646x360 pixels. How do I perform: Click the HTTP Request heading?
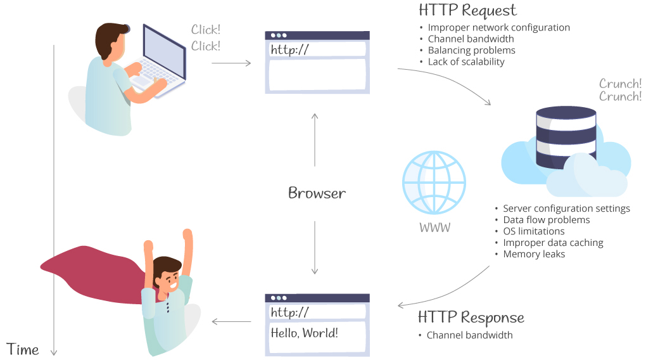[467, 10]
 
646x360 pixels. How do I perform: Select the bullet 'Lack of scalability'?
[466, 62]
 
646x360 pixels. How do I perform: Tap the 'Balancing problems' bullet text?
[471, 50]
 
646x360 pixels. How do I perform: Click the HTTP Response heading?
[471, 318]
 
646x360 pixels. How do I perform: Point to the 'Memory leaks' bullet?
[534, 254]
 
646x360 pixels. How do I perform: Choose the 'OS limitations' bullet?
[533, 231]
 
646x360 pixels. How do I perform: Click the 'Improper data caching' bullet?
[553, 243]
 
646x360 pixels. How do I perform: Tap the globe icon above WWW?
[434, 183]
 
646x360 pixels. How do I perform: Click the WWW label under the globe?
[434, 227]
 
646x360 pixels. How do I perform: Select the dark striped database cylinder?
[566, 138]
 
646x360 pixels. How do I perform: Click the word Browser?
[317, 193]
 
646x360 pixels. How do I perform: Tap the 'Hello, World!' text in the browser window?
[304, 332]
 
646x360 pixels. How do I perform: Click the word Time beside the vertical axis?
[23, 349]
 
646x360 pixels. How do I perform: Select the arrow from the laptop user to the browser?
[231, 63]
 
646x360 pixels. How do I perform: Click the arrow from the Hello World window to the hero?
[231, 321]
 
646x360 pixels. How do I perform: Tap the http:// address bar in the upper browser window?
[317, 49]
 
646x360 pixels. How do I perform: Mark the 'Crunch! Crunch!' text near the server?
[620, 90]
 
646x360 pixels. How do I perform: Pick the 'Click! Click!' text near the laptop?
[206, 37]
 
